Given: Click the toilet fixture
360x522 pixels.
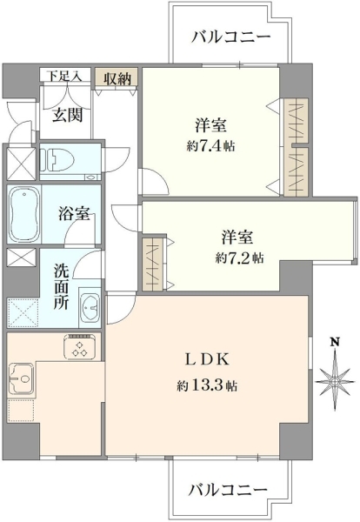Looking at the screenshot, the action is click(57, 159).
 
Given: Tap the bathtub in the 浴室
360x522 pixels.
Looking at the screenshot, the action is click(24, 213).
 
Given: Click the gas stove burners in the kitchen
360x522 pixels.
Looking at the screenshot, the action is click(81, 346).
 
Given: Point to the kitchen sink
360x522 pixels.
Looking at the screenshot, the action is click(21, 378).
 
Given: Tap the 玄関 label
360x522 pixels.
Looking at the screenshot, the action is click(68, 116).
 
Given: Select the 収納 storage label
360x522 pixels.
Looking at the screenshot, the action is click(117, 78).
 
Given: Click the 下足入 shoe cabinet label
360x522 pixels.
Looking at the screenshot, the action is click(64, 76).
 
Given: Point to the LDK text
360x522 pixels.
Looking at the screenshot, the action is click(206, 360).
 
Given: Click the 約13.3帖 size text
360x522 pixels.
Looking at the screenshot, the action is click(206, 385).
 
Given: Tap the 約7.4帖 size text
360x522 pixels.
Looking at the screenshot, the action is click(210, 146).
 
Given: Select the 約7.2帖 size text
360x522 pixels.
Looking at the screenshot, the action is click(239, 258).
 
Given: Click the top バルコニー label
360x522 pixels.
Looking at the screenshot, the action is click(230, 37).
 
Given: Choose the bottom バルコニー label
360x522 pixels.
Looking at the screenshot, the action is click(229, 489).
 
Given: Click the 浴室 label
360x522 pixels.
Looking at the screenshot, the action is click(74, 214).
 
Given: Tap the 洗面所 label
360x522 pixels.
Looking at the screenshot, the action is click(62, 286).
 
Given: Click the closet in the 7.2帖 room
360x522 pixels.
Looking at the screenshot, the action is click(153, 263).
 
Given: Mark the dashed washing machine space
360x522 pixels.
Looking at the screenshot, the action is click(22, 312).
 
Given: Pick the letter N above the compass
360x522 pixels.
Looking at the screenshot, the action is click(335, 342).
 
